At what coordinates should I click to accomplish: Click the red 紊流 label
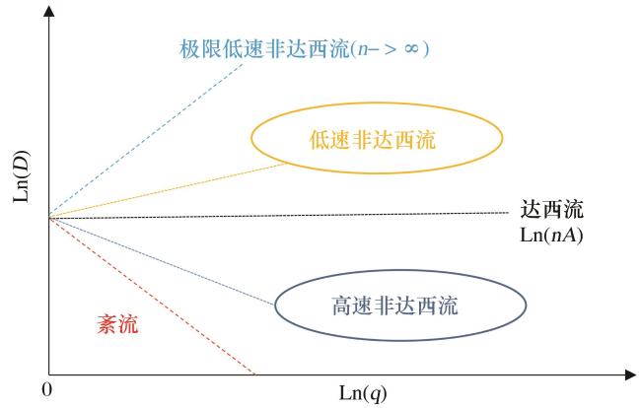pos(117,325)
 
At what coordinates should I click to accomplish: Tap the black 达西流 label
pos(551,209)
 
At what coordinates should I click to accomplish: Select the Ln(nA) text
pos(551,236)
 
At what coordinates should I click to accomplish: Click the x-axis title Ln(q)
pos(363,393)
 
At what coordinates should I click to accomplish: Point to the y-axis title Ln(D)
pos(22,176)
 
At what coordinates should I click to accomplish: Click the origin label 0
pos(47,390)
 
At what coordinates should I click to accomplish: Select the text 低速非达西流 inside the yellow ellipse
pos(373,140)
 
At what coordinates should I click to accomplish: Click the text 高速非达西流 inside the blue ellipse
pos(394,306)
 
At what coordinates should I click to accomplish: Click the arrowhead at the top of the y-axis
pos(49,11)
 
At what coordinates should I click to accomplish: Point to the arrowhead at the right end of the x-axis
pos(630,374)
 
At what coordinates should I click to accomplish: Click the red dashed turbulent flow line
pos(152,296)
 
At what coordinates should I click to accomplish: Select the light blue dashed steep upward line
pos(146,140)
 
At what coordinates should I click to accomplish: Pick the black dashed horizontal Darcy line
pos(278,215)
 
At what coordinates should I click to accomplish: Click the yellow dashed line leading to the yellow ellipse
pos(168,190)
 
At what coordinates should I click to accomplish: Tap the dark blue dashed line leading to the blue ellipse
pos(162,261)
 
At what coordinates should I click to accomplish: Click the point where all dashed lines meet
pos(49,217)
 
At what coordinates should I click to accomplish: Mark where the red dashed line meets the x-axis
pos(254,374)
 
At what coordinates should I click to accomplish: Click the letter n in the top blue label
pos(363,49)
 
